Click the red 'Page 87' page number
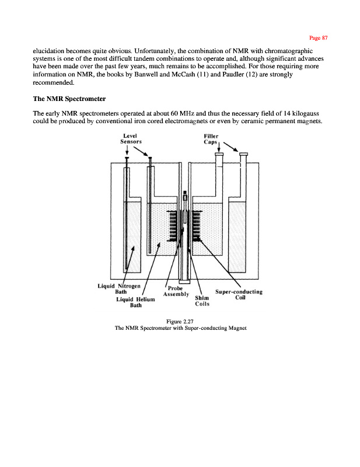pyautogui.click(x=319, y=38)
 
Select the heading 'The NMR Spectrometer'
pyautogui.click(x=69, y=99)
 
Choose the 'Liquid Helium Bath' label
pyautogui.click(x=135, y=302)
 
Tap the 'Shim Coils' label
pyautogui.click(x=202, y=300)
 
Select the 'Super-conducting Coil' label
pyautogui.click(x=239, y=294)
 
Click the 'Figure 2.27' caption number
pyautogui.click(x=180, y=321)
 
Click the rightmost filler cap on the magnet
pyautogui.click(x=243, y=154)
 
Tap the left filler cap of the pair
pyautogui.click(x=219, y=154)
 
